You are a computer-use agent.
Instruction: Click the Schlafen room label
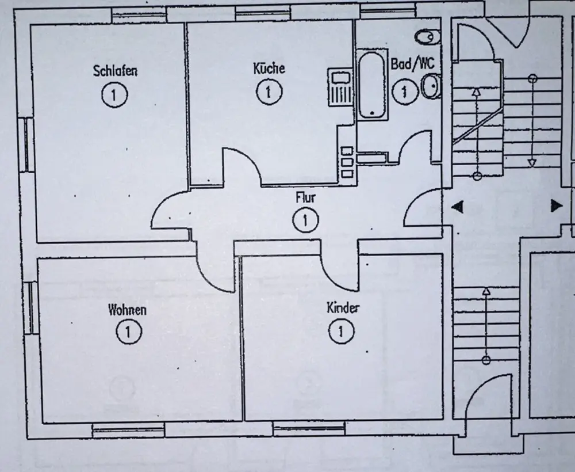(115, 71)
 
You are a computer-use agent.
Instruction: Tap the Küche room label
(269, 68)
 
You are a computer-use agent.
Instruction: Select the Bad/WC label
(412, 64)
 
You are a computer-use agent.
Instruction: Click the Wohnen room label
(127, 310)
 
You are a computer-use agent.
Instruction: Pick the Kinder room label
(343, 308)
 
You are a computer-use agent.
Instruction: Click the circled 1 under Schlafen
(114, 95)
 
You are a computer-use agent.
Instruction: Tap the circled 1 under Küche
(268, 91)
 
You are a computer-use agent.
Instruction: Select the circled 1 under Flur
(305, 220)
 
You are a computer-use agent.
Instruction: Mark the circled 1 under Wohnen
(126, 332)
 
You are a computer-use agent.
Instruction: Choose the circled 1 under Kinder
(342, 331)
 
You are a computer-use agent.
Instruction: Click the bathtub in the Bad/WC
(371, 85)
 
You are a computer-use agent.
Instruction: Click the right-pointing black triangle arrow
(556, 205)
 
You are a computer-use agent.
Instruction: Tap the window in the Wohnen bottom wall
(128, 429)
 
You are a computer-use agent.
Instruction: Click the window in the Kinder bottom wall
(309, 428)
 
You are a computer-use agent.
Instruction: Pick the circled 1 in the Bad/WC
(405, 91)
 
